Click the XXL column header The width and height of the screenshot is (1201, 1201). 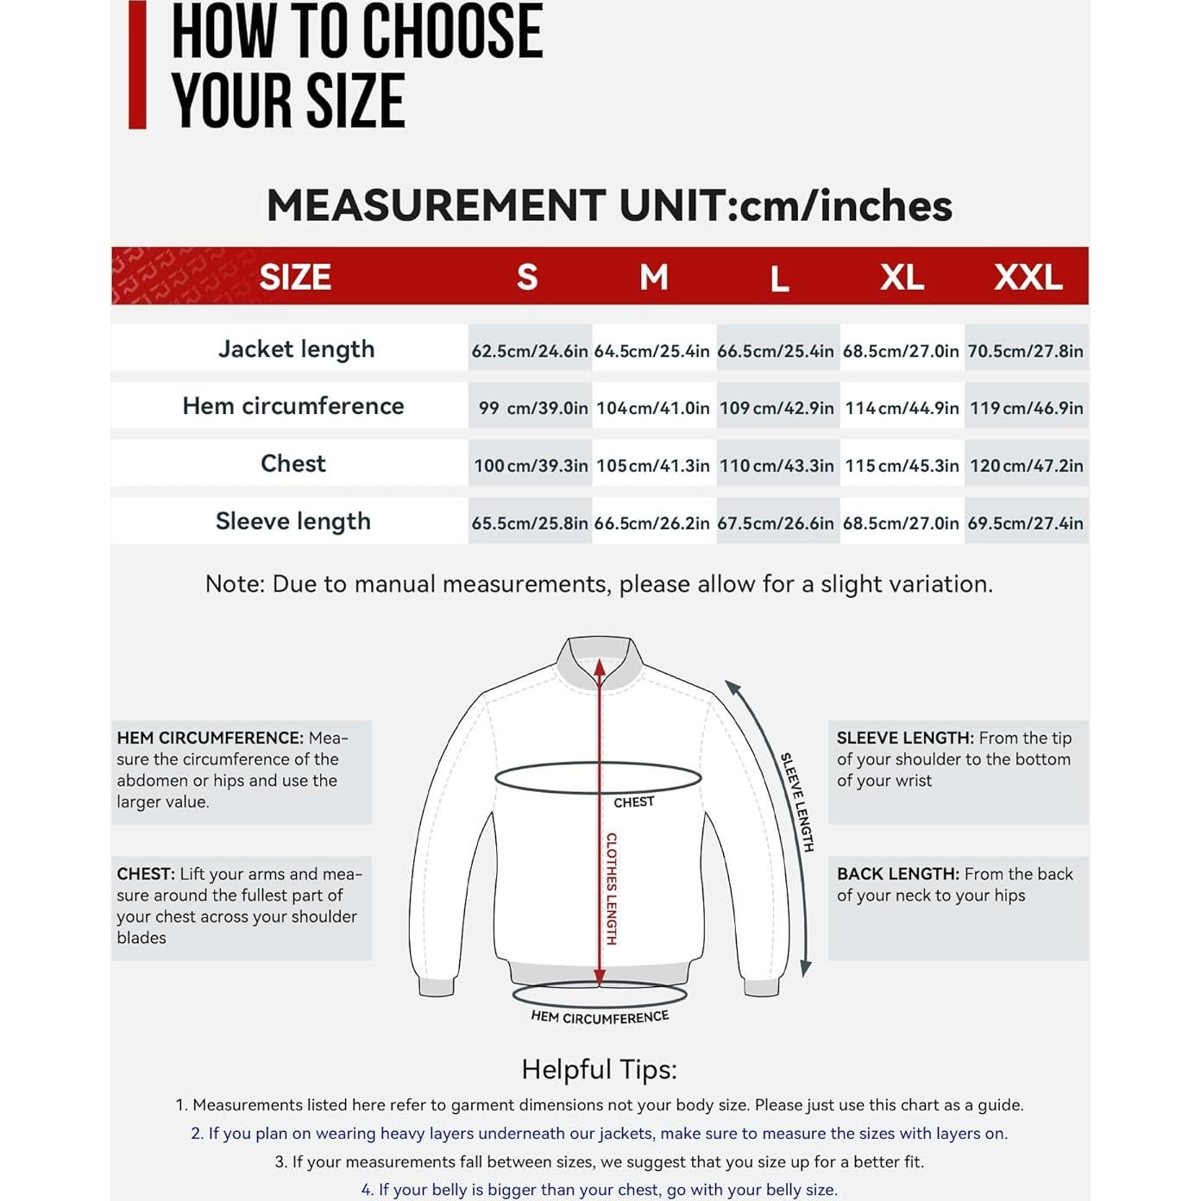(1028, 277)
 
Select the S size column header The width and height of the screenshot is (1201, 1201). (527, 277)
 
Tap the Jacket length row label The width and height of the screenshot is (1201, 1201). (296, 349)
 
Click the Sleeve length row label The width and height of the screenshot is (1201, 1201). (293, 521)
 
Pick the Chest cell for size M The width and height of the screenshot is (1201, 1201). (653, 465)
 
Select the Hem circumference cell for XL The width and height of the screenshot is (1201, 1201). (902, 407)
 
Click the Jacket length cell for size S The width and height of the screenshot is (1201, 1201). (530, 350)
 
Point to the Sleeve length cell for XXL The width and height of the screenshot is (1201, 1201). (1025, 523)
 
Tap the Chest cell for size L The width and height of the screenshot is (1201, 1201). (777, 465)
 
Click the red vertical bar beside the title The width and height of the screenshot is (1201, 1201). (137, 65)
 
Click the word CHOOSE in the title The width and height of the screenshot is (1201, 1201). (451, 32)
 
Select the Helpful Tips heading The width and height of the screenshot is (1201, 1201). (600, 1069)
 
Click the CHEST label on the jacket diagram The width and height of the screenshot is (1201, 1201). (634, 802)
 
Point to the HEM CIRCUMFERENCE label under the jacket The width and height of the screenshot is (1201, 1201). (600, 1017)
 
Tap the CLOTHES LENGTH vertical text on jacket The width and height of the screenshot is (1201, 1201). (611, 889)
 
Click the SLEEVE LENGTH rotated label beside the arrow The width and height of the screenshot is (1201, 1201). (797, 802)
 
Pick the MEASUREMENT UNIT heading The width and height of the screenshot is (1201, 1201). (609, 205)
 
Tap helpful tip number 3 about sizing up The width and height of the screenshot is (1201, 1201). (600, 1161)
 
